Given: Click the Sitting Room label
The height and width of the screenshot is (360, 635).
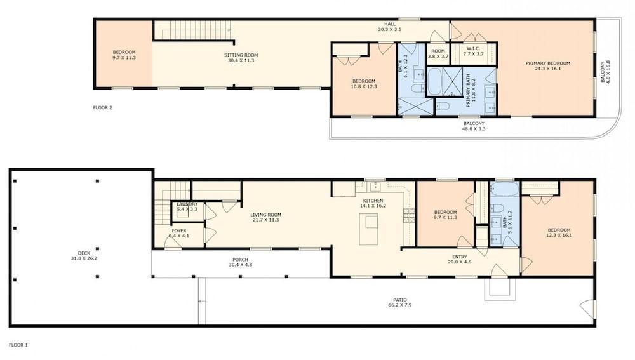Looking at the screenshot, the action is (241, 55).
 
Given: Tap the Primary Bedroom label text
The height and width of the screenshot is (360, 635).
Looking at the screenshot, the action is (548, 63).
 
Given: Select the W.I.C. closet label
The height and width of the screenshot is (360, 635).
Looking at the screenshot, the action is (473, 49).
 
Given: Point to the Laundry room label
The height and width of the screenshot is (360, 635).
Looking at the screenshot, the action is (187, 204).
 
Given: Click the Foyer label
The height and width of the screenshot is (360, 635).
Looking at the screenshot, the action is (179, 231).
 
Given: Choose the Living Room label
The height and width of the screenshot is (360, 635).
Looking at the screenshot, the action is (265, 215).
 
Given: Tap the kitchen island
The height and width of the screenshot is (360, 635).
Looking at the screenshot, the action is (368, 229).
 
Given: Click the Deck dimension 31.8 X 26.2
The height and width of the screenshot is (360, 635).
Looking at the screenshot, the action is (84, 258).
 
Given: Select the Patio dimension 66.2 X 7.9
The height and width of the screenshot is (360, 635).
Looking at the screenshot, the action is (399, 305).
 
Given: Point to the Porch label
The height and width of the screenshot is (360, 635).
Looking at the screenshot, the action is (240, 260).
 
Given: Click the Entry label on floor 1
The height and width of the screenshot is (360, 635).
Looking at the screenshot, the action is (459, 257).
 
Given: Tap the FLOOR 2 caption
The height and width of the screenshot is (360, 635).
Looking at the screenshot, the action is (102, 108).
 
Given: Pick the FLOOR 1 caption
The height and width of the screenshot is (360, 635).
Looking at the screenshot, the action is (18, 345).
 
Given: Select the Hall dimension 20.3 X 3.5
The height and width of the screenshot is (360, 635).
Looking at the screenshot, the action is (390, 30).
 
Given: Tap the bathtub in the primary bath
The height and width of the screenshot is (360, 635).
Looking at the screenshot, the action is (434, 81).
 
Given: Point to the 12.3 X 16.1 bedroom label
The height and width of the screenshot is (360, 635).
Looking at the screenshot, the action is (559, 236).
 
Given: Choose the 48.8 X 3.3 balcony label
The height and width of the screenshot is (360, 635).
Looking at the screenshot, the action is (474, 129).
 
